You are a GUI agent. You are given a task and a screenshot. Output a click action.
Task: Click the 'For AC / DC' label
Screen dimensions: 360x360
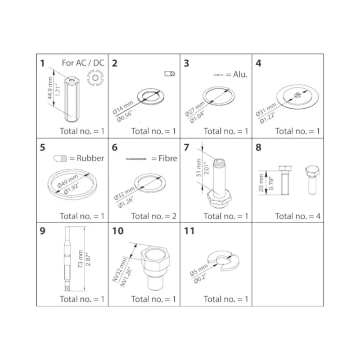[83, 63]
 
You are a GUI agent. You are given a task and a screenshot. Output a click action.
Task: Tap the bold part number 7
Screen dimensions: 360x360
[187, 147]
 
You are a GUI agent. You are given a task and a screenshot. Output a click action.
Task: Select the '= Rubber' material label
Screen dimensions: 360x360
[87, 158]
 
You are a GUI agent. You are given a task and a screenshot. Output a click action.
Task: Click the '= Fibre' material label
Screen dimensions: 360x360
[164, 158]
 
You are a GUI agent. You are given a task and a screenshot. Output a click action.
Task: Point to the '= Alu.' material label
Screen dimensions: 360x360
[237, 75]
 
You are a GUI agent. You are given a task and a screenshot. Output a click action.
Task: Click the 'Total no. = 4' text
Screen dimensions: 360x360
[298, 216]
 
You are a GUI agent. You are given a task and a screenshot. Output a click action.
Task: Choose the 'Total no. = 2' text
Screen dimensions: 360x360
[154, 216]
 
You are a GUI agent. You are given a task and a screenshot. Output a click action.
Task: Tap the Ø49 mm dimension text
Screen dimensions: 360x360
[67, 180]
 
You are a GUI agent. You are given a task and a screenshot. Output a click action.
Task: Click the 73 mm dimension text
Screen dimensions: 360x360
[80, 259]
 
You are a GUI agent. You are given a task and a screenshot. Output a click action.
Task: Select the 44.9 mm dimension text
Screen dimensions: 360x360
[50, 88]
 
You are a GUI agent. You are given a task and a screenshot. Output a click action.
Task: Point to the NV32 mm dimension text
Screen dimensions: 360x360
[120, 270]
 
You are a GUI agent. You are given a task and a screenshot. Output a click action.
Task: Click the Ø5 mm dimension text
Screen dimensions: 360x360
[199, 270]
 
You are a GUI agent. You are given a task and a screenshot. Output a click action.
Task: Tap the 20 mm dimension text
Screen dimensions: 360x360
[261, 183]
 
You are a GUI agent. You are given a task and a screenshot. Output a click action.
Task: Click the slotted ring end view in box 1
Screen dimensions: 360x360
[95, 78]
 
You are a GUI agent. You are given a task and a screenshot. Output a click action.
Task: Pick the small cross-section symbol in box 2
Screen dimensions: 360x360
[170, 74]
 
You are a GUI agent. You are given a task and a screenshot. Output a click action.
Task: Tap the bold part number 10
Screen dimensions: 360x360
[118, 231]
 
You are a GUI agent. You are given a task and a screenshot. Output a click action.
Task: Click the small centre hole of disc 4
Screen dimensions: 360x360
[297, 94]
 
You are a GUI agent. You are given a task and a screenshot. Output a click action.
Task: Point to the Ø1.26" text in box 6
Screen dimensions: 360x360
[126, 202]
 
